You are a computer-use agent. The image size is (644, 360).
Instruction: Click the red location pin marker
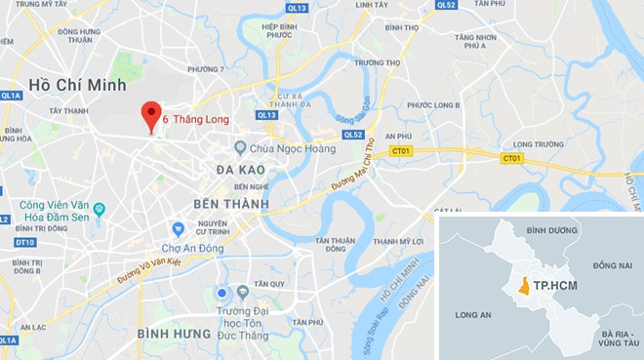150,115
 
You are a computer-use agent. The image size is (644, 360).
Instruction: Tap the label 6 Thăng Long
195,120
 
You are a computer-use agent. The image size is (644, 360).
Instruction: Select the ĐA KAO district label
239,170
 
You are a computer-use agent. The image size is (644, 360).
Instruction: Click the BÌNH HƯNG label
174,334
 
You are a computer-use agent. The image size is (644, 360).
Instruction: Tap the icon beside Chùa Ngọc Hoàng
240,148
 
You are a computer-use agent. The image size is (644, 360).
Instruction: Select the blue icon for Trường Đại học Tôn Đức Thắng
222,293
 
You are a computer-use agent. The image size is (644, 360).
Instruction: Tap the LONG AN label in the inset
474,315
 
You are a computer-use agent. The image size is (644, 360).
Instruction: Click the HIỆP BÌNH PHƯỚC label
278,31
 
